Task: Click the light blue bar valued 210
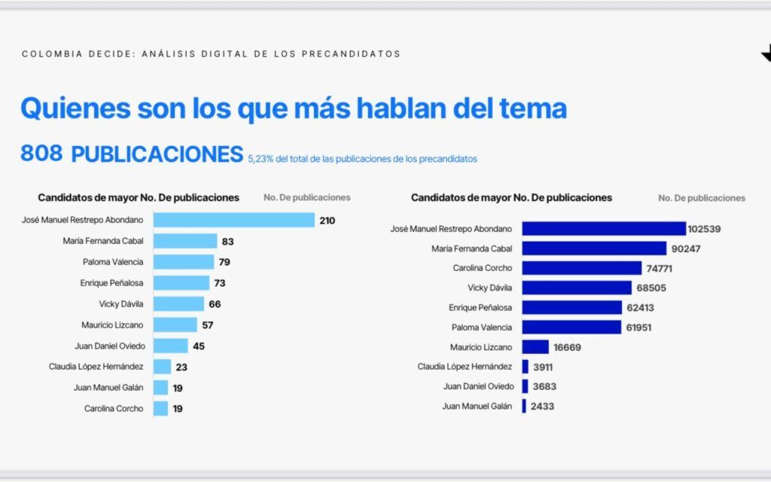[233, 220]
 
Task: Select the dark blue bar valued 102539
[604, 228]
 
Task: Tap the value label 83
[229, 241]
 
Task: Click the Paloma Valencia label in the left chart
[113, 262]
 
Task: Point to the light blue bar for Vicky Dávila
[178, 304]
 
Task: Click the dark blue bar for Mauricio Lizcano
[535, 347]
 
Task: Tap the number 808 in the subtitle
[41, 154]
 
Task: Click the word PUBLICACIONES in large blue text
[157, 154]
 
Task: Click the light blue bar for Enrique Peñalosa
[181, 282]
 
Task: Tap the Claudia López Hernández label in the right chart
[465, 367]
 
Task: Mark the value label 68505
[651, 288]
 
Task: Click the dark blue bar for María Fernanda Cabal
[594, 248]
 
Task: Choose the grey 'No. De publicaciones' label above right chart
[701, 198]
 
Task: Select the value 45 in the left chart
[198, 346]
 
